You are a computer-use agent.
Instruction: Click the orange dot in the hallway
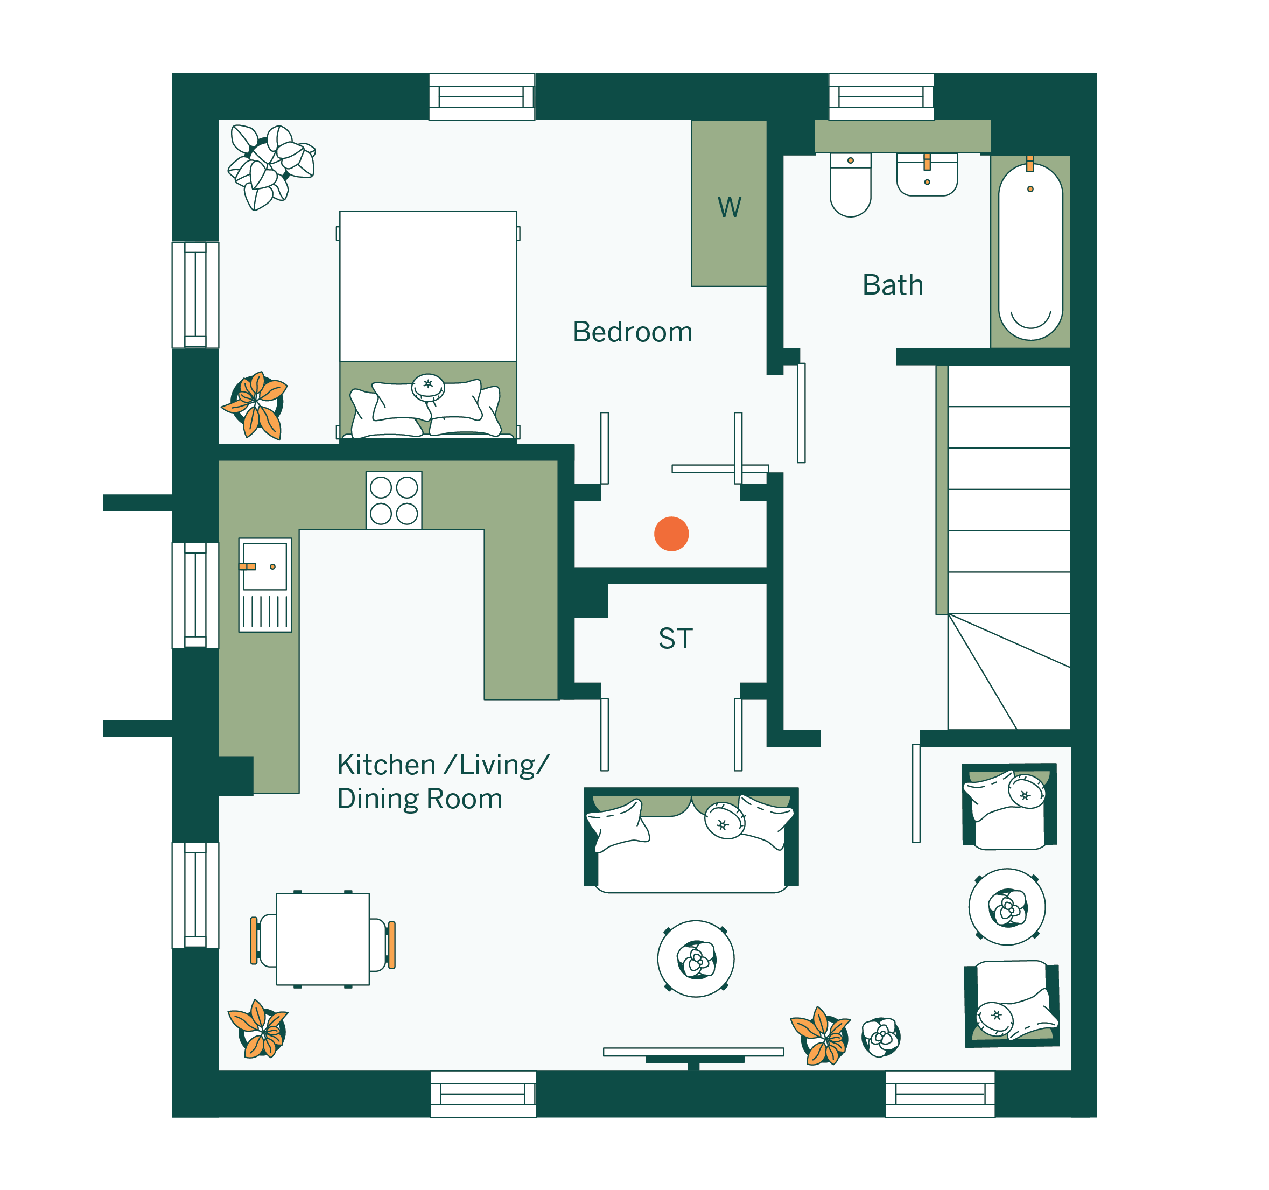click(x=671, y=534)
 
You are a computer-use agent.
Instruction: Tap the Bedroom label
click(x=632, y=332)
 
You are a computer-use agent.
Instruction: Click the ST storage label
click(x=675, y=639)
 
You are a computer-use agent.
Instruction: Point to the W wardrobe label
click(x=729, y=207)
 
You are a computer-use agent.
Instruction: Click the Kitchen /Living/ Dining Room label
click(x=443, y=781)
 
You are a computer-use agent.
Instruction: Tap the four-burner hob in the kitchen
click(x=394, y=501)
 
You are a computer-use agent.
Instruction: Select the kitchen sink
click(x=265, y=585)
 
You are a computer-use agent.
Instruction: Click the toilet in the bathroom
click(x=850, y=185)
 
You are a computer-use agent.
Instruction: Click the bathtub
click(x=1030, y=251)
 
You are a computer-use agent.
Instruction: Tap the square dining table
click(x=322, y=939)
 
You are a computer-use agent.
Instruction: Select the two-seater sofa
click(x=691, y=840)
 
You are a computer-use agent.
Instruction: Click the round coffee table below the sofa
click(x=696, y=959)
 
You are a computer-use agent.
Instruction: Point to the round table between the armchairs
click(x=1007, y=907)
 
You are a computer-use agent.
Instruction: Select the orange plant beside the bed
click(x=255, y=405)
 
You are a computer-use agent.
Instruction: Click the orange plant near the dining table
click(x=258, y=1029)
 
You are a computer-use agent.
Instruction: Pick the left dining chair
click(x=263, y=940)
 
